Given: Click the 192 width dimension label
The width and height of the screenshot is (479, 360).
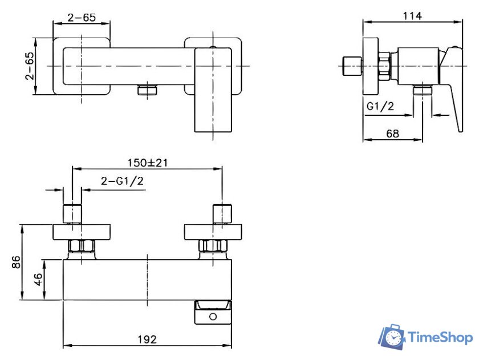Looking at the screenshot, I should point(147,339).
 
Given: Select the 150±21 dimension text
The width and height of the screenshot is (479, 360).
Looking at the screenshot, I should point(147,163).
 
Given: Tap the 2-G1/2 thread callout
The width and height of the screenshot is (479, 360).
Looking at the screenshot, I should point(122,181).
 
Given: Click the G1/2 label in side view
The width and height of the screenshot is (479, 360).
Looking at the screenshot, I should point(380,107).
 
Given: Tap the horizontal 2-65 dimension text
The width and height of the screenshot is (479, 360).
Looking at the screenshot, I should point(81,17).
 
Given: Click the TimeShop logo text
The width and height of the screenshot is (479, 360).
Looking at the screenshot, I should point(441,338).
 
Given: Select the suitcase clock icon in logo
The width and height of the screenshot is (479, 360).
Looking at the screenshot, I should point(392,337).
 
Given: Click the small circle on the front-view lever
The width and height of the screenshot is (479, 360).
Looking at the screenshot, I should point(213,315).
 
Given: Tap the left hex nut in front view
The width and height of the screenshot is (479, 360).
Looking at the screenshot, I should point(82,246).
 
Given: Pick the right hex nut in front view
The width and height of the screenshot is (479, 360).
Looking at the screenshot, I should point(213,246).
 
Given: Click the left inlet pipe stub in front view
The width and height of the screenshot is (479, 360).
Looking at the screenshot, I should point(72,213).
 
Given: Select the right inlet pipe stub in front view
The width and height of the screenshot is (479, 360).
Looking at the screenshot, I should point(222,213).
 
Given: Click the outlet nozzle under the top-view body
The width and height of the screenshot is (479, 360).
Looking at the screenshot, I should point(148,91).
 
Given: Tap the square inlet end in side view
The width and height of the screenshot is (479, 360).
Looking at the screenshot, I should point(353,66).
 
